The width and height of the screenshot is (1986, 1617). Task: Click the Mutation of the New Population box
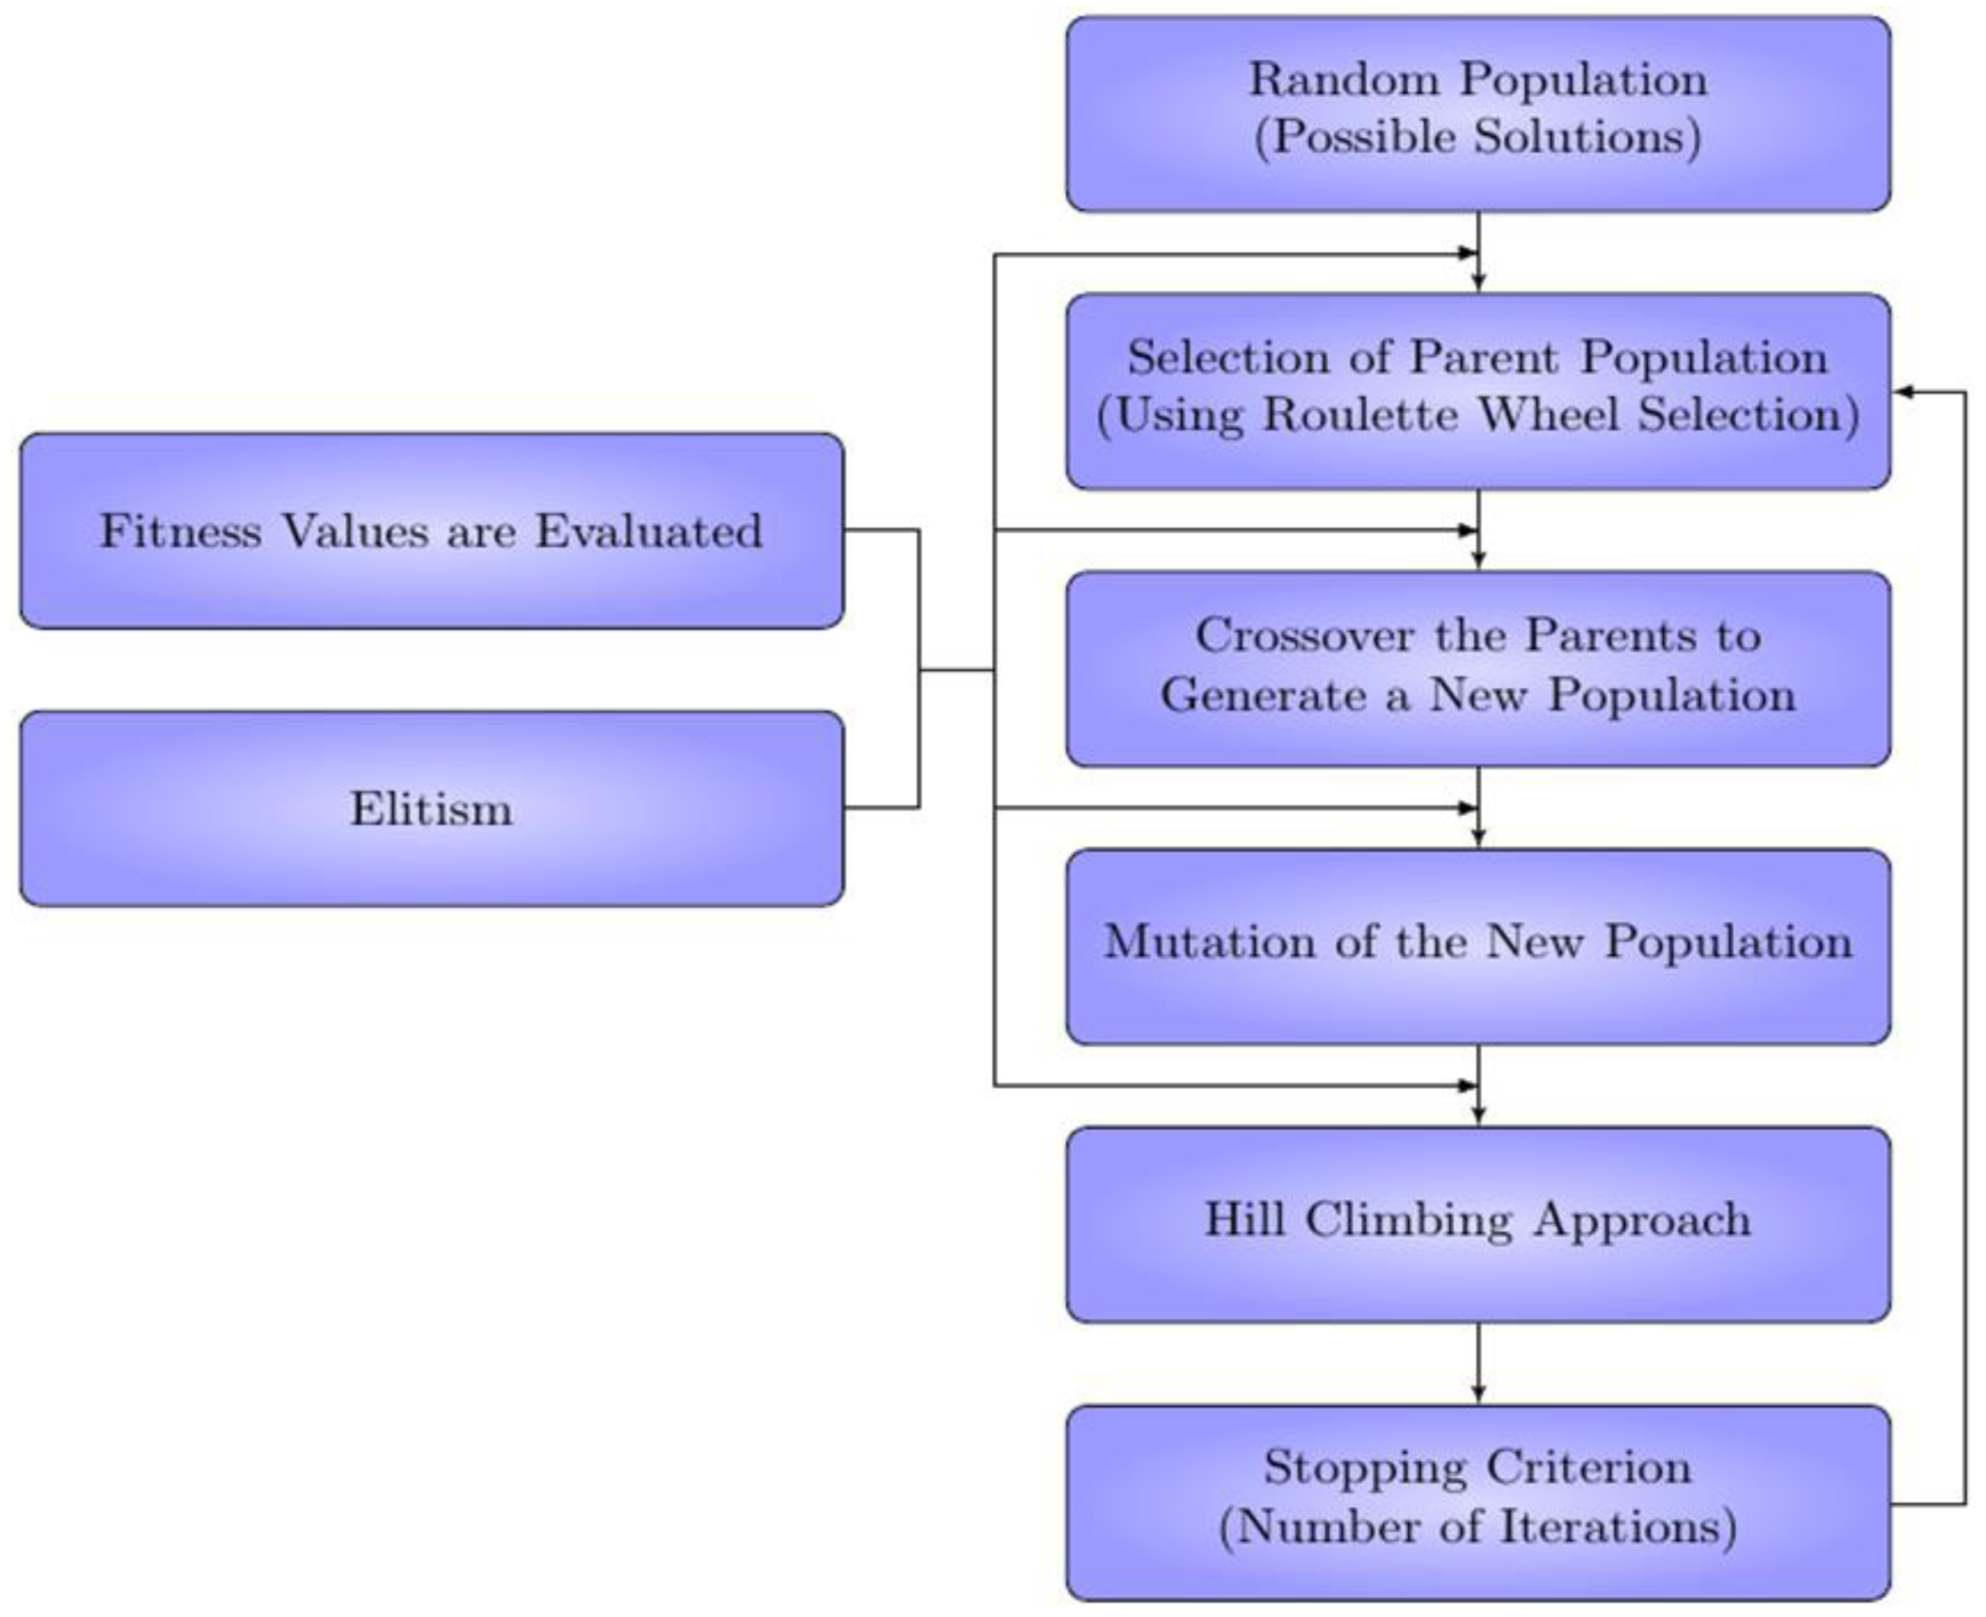(x=1478, y=946)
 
